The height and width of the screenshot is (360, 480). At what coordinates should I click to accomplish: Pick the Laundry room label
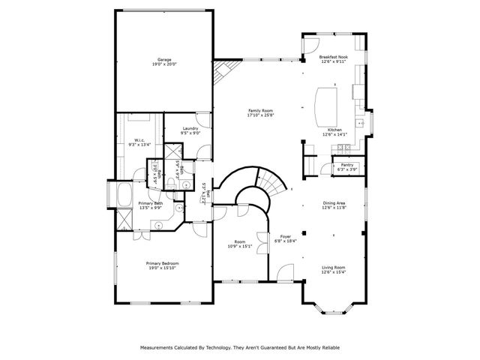tap(190, 128)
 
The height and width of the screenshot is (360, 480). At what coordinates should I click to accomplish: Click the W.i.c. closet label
tap(139, 139)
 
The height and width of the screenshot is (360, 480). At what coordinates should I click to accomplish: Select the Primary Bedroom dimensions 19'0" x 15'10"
tap(162, 268)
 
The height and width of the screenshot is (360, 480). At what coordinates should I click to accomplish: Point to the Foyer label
tap(285, 235)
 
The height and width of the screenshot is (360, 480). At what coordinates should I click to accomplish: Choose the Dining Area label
tap(334, 202)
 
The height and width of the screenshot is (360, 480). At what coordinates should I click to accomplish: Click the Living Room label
tap(334, 267)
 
